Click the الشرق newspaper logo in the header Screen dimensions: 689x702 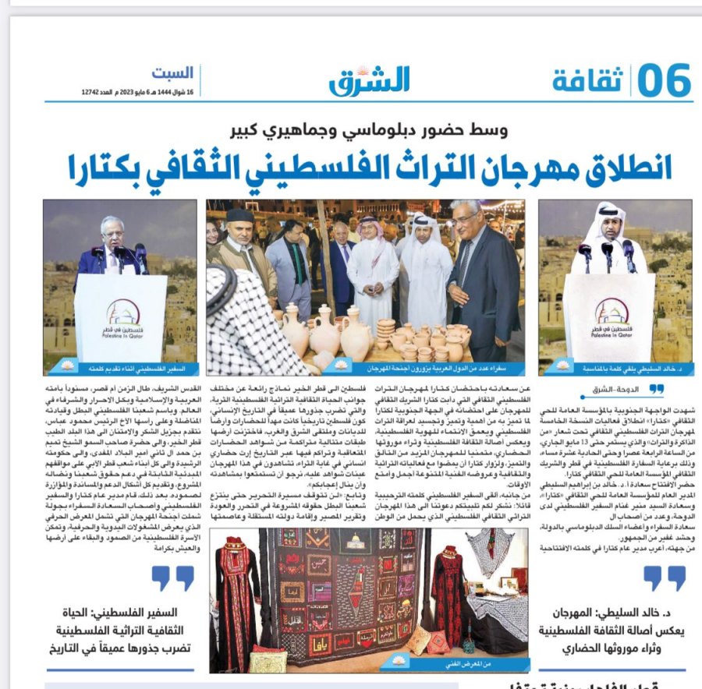point(369,79)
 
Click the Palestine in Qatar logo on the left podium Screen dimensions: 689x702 point(123,313)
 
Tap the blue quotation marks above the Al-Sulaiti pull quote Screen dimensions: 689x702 point(663,578)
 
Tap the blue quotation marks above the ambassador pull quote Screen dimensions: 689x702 point(172,578)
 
